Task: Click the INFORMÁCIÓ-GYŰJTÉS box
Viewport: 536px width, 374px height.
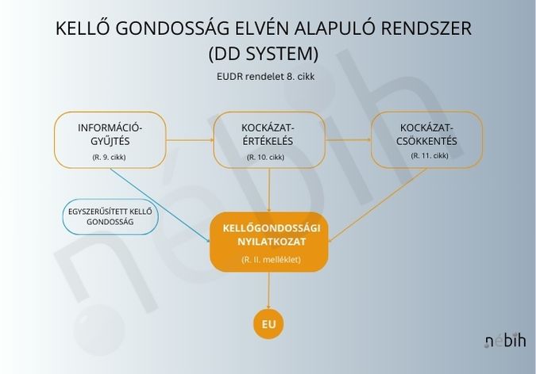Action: pos(110,140)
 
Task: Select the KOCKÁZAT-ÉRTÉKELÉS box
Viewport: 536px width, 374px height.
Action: pos(269,140)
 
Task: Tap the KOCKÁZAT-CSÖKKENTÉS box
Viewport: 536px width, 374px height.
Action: pos(427,140)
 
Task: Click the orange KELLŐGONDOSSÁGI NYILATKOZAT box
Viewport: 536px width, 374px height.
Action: pos(269,242)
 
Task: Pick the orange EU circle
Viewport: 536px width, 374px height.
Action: pos(268,324)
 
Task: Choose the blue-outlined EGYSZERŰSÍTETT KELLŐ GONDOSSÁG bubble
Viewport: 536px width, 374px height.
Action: pos(110,216)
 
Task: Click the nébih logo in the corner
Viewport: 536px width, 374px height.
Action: pos(505,341)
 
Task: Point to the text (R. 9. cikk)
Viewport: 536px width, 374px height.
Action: pos(109,158)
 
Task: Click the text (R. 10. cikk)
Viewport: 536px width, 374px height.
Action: pos(265,158)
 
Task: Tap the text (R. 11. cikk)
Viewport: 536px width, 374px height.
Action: pos(430,155)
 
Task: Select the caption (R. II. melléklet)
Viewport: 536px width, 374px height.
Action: pos(271,260)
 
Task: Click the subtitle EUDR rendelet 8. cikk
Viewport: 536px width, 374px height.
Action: pos(265,76)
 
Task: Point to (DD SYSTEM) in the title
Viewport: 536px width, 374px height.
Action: pos(264,54)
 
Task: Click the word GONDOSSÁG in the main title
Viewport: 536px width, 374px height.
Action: pos(172,28)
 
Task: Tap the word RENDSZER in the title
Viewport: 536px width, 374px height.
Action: pos(426,28)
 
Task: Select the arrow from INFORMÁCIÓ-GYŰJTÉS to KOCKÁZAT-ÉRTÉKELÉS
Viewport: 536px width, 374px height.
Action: pos(190,140)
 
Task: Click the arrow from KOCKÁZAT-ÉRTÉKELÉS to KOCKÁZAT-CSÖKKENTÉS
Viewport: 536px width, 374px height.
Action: pos(349,140)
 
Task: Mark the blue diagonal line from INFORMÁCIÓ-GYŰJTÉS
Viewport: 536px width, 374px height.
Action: pos(160,205)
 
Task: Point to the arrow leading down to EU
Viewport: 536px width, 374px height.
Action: pos(268,290)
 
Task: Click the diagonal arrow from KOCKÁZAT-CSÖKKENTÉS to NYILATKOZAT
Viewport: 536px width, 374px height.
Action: pos(377,205)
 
